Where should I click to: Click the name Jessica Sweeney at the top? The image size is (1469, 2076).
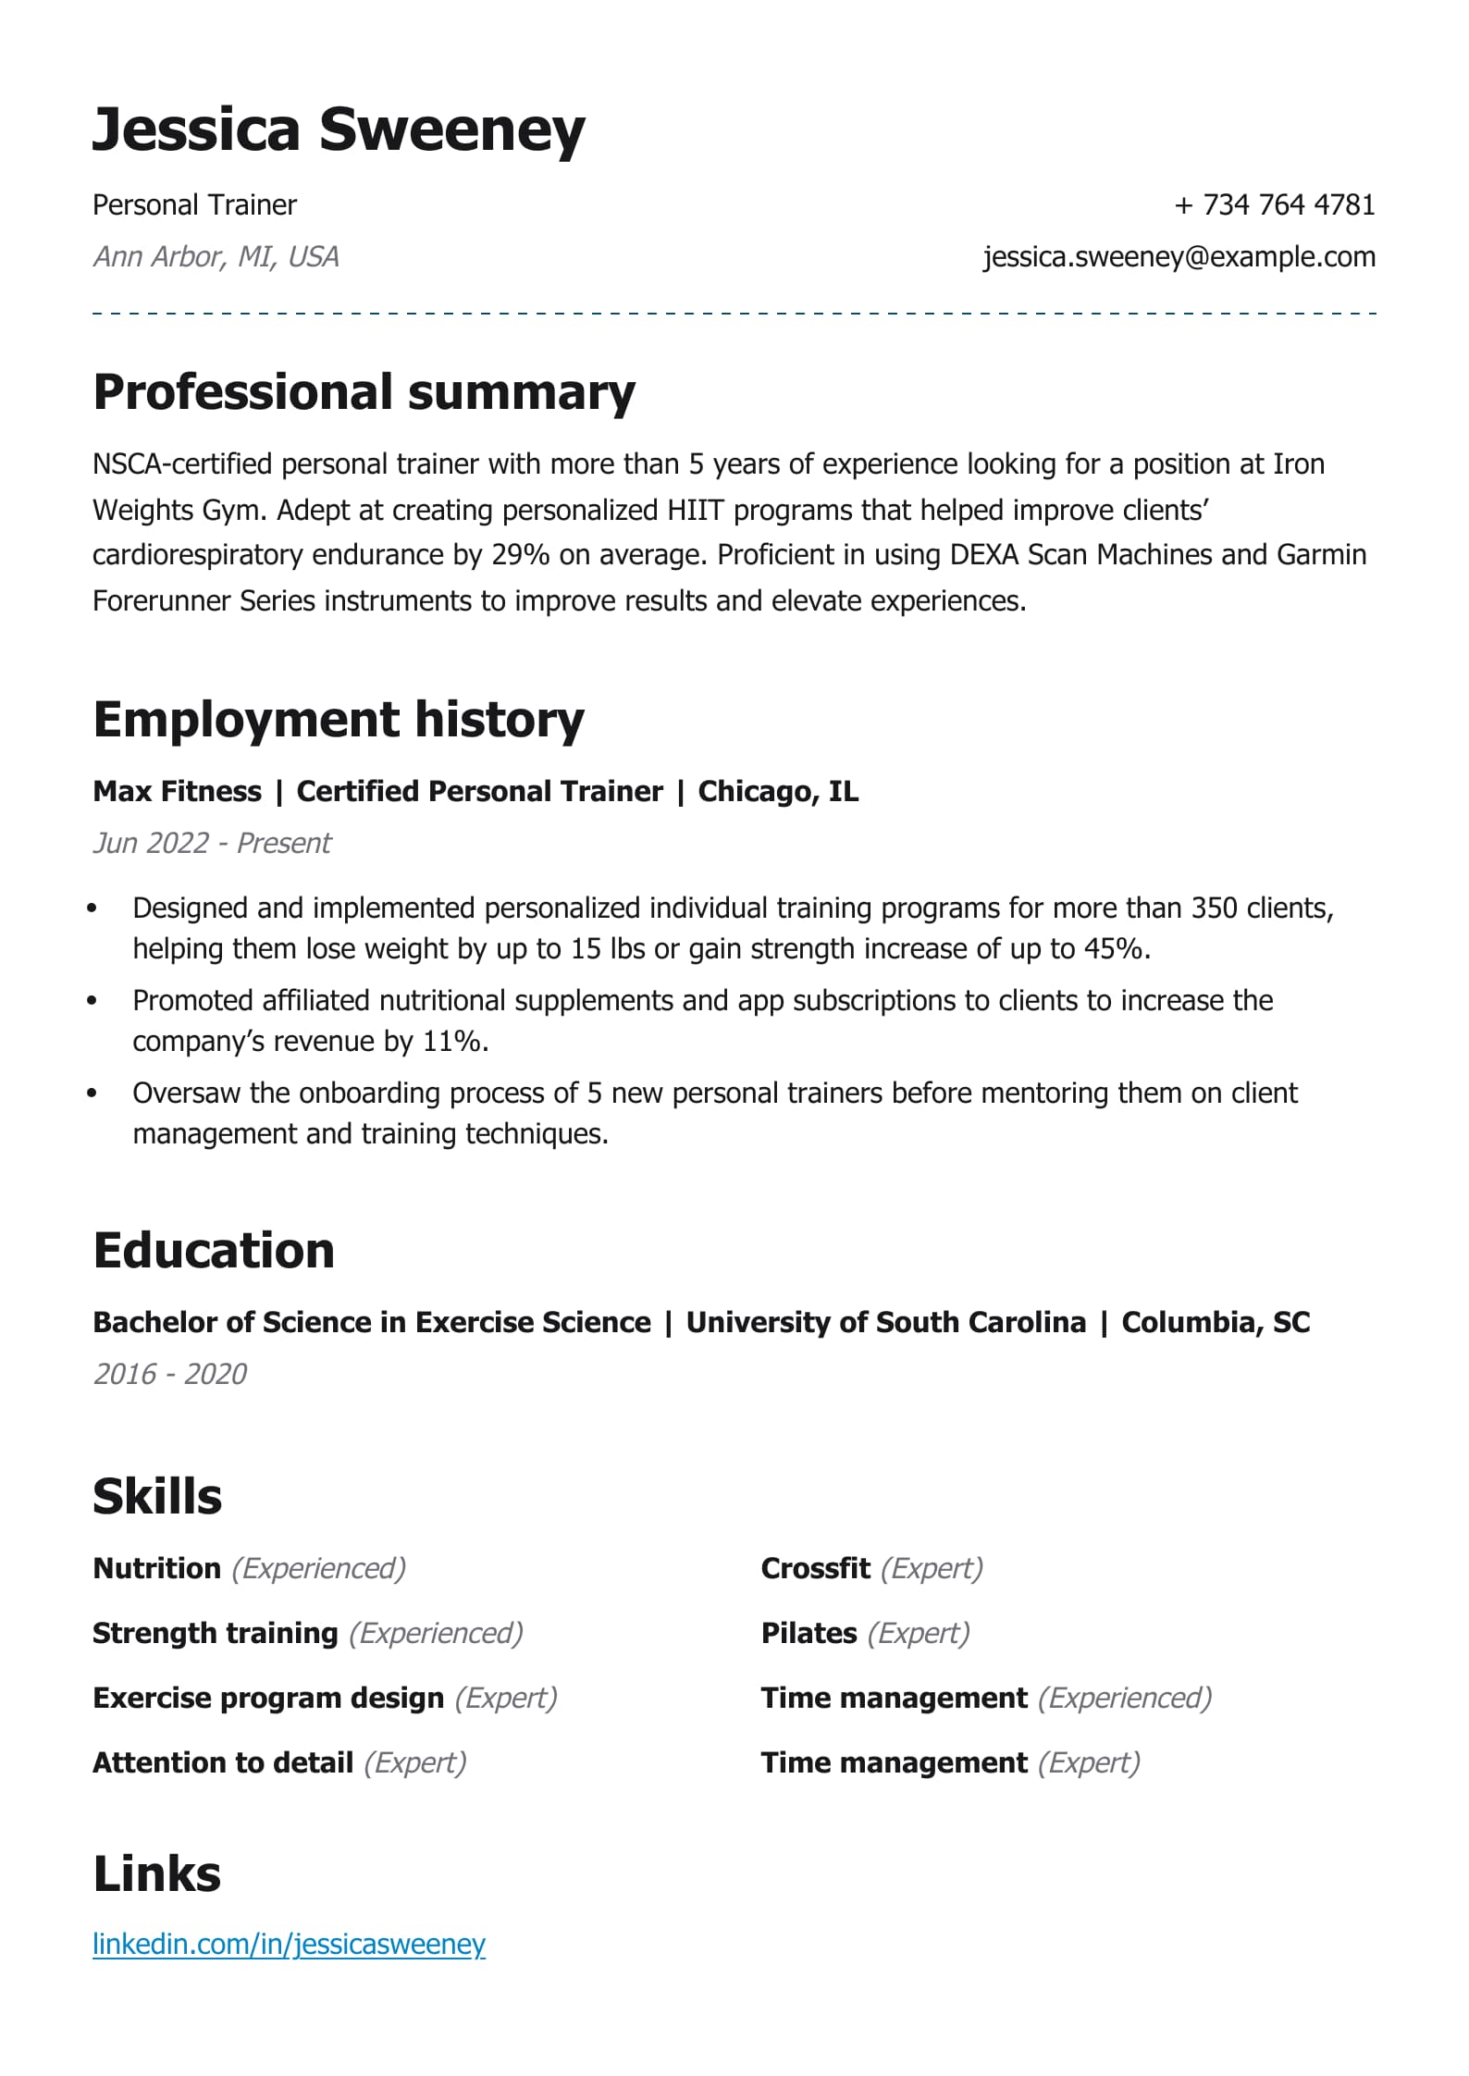[x=339, y=130]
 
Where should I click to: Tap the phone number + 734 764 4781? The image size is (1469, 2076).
[x=1274, y=204]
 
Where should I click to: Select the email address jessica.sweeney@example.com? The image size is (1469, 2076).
[x=1179, y=256]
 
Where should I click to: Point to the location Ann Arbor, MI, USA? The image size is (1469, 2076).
[x=216, y=256]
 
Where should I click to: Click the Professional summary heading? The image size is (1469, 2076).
[x=364, y=392]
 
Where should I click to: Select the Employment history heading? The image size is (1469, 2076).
[x=339, y=720]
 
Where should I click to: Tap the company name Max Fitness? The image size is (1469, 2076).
[x=177, y=792]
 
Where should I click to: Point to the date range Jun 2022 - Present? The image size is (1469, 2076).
[x=212, y=844]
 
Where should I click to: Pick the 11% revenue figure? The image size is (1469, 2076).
[x=451, y=1042]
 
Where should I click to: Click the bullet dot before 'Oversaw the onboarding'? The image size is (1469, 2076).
[x=92, y=1094]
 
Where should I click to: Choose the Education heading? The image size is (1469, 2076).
[x=214, y=1251]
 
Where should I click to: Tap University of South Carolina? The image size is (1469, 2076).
[x=885, y=1323]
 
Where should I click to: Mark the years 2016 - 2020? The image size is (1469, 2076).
[x=170, y=1375]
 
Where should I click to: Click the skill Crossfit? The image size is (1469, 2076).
[x=815, y=1569]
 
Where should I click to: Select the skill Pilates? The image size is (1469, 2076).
[x=809, y=1634]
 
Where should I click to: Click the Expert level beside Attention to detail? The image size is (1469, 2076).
[x=415, y=1763]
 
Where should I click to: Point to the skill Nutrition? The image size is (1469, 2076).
[x=156, y=1569]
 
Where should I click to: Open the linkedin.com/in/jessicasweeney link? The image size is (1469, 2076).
[x=289, y=1945]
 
